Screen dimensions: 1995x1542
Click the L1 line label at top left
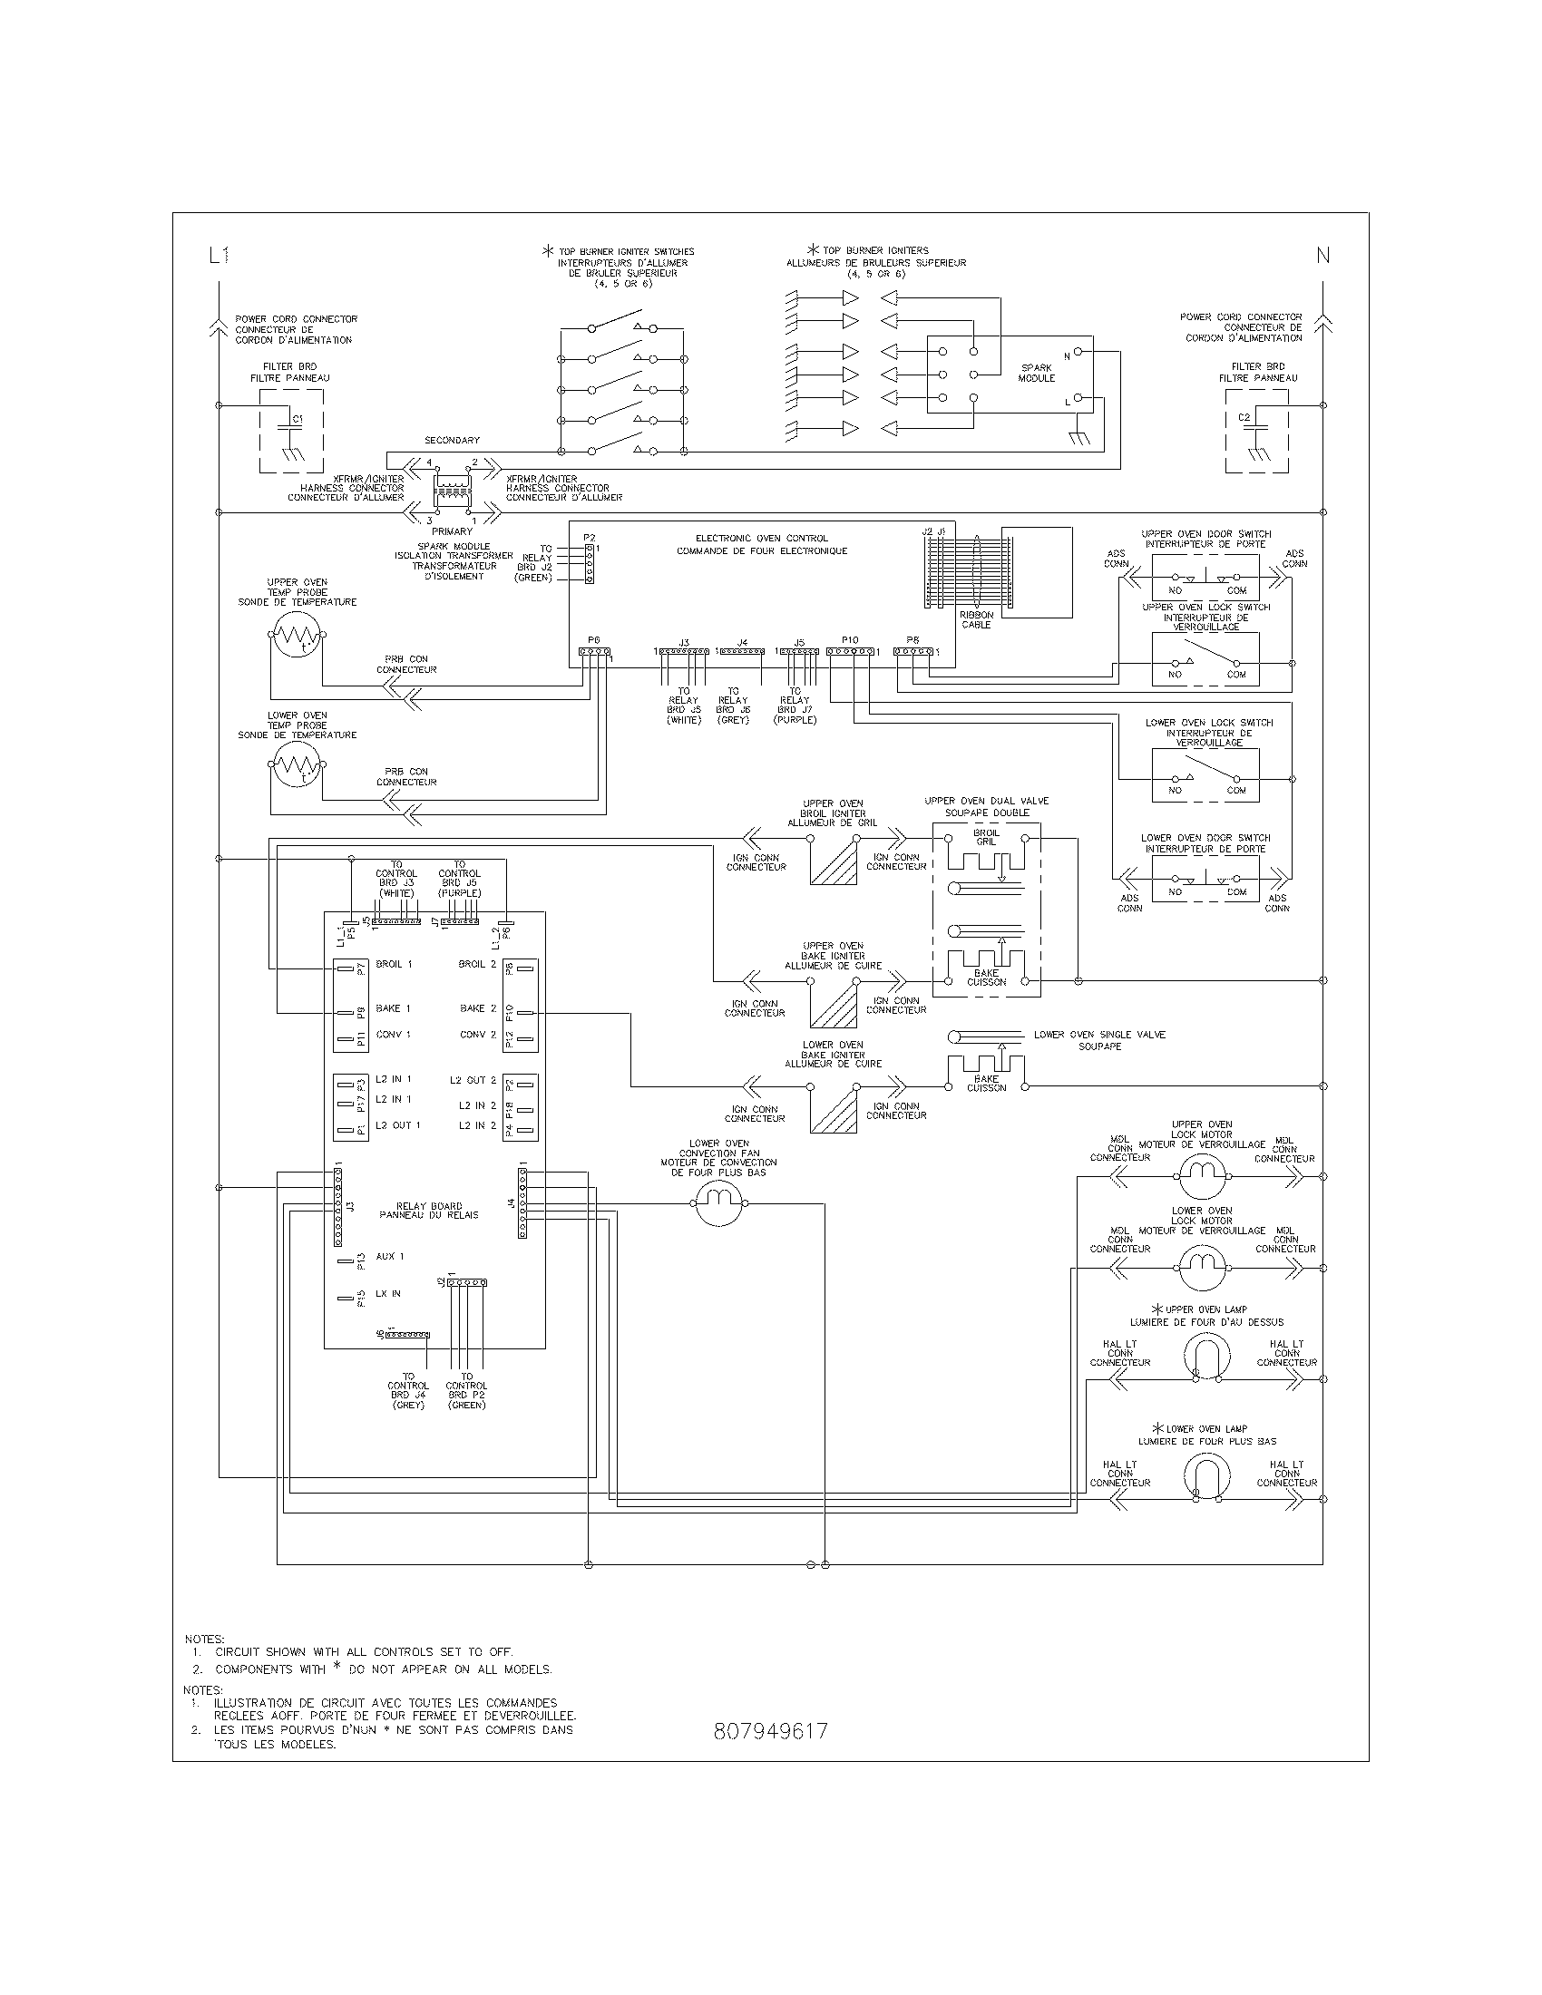pos(219,256)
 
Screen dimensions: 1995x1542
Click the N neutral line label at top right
pos(1322,256)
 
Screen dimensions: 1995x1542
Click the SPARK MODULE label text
pos(1036,373)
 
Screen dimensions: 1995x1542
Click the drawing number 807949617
pos(770,1732)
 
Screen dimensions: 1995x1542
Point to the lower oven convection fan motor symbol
pos(722,1204)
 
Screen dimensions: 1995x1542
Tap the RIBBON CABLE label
pos(976,620)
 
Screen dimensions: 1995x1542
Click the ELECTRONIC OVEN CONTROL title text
pos(761,544)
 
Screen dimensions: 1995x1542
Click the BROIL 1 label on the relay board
pos(393,964)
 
